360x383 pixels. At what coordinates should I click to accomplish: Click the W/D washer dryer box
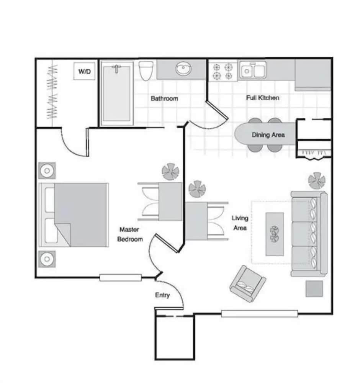click(84, 71)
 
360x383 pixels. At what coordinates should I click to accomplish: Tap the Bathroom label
click(164, 98)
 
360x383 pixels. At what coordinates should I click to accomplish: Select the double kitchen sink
click(252, 71)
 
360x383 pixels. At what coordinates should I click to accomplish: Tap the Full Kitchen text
click(262, 98)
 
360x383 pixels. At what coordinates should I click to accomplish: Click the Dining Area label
click(268, 135)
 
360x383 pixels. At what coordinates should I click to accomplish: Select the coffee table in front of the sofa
click(275, 234)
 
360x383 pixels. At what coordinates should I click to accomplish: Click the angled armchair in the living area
click(247, 284)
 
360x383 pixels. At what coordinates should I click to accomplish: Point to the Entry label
click(162, 295)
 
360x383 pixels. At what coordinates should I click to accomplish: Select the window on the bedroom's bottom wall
click(120, 278)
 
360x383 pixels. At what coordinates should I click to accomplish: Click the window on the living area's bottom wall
click(259, 314)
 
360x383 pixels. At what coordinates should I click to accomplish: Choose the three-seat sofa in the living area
click(309, 234)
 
